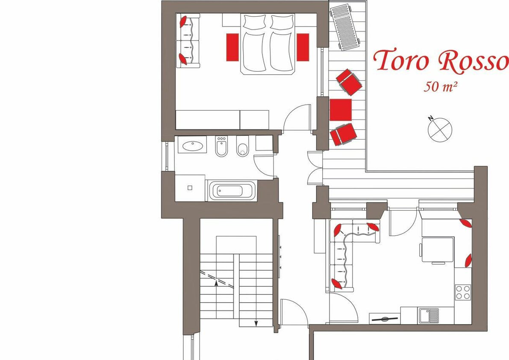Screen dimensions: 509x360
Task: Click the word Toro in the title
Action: tap(401, 61)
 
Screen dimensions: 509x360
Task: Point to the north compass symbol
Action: tap(439, 129)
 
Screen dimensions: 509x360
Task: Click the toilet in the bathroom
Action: tap(242, 146)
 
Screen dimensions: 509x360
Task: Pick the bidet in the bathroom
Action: tap(221, 146)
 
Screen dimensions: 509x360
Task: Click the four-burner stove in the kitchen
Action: tap(462, 292)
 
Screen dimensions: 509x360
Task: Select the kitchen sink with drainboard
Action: tap(429, 316)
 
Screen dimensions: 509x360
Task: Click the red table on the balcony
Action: tap(341, 110)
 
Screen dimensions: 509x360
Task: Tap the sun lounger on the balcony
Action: tap(345, 28)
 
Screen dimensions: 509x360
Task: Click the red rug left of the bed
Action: tap(232, 47)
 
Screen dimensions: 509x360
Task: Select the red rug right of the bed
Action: tap(303, 47)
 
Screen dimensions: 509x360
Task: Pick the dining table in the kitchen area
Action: tap(437, 249)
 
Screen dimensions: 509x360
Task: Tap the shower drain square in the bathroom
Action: tap(190, 187)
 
